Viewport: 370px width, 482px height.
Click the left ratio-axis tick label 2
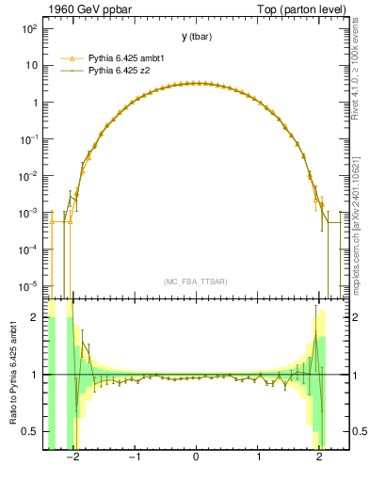tap(34, 317)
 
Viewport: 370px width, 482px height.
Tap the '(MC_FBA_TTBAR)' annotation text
tap(196, 281)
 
